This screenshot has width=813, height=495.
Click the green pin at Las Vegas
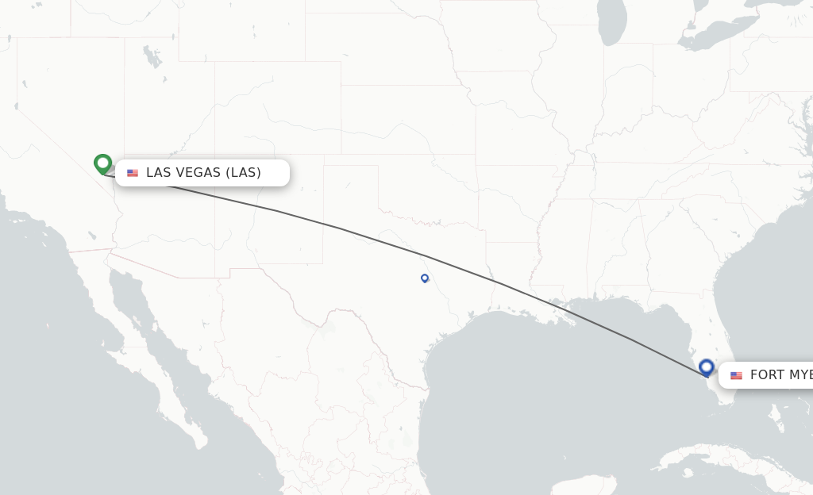[x=102, y=163]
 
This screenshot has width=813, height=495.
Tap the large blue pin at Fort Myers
[x=707, y=367]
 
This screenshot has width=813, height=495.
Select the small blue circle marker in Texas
[x=425, y=278]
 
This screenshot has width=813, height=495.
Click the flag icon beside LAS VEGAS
[x=133, y=173]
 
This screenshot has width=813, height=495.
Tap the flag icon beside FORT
[x=737, y=375]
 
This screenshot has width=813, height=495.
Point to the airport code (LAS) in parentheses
[x=243, y=173]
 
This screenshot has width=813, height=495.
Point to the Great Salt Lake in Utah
[x=149, y=56]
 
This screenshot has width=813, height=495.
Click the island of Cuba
[x=715, y=460]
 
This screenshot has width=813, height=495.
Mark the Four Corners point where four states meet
[x=214, y=155]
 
